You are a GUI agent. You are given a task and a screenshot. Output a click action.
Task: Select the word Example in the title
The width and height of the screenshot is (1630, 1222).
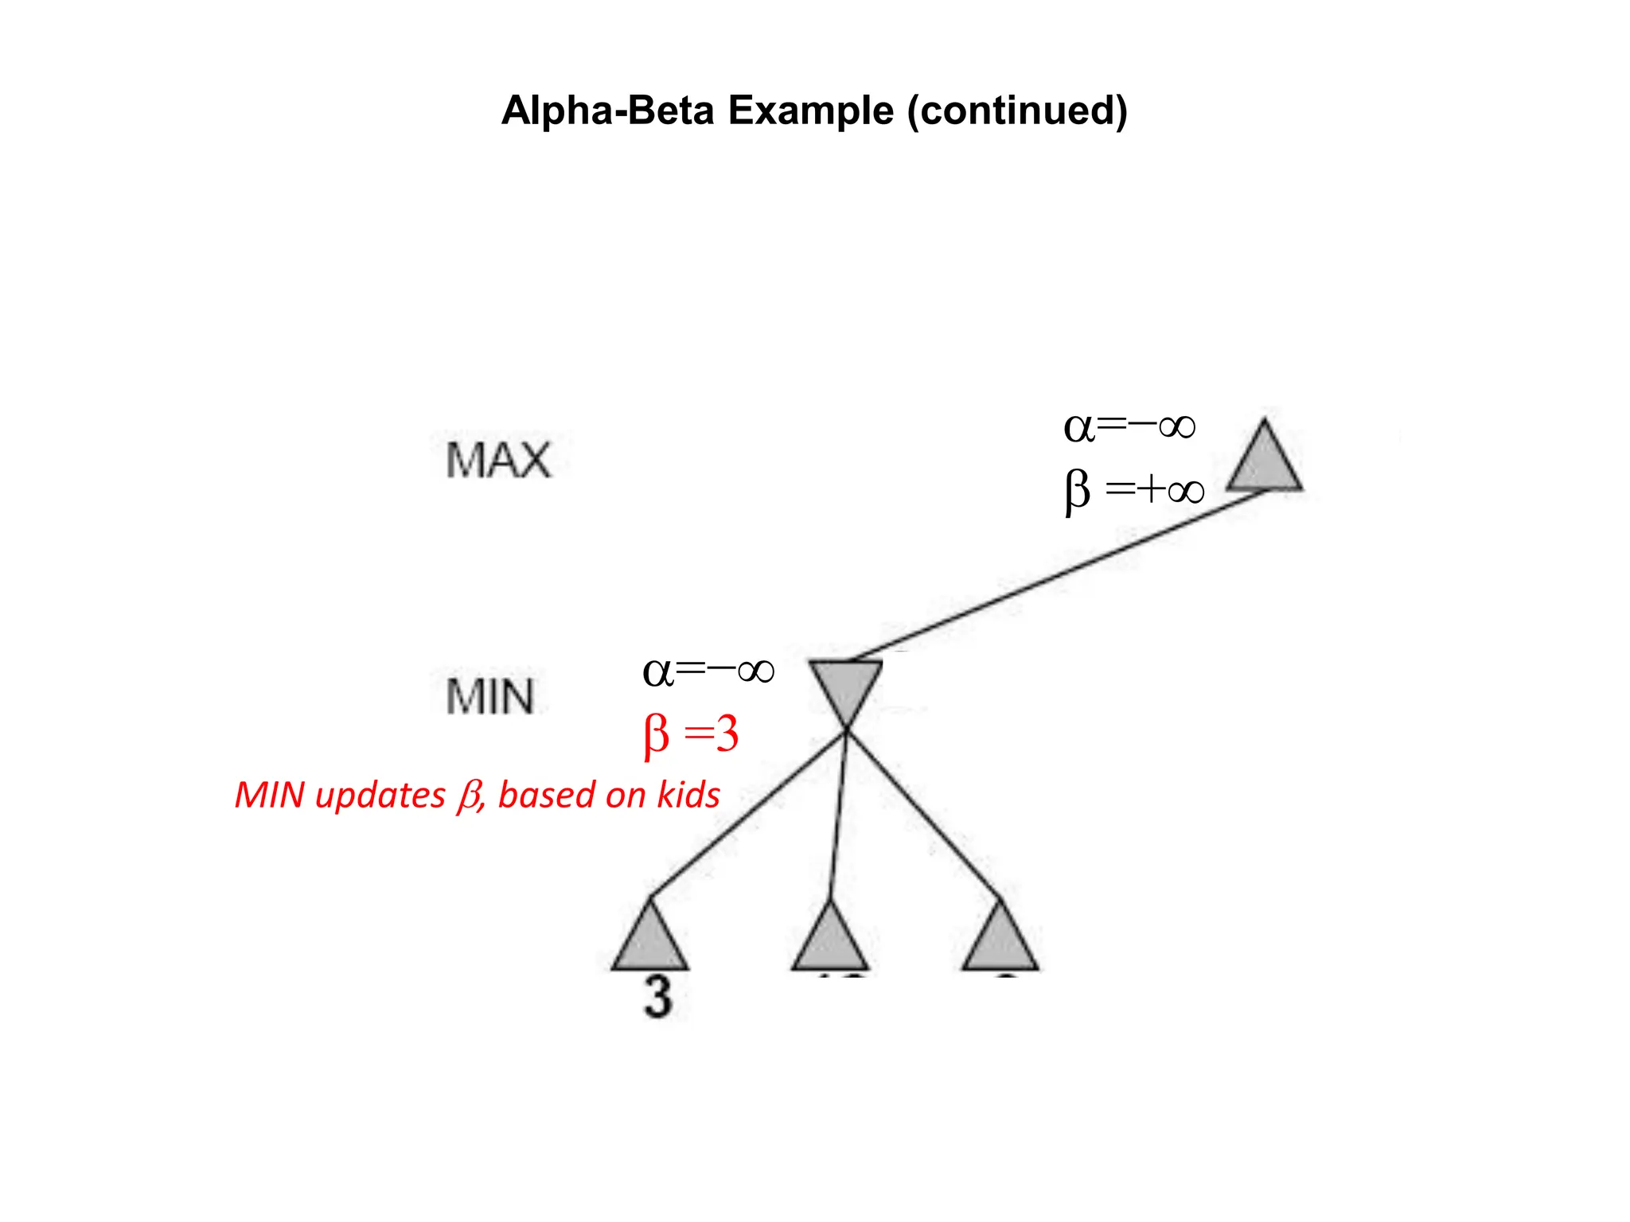point(810,111)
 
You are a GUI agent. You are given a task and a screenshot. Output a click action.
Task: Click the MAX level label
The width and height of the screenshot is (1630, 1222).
point(498,461)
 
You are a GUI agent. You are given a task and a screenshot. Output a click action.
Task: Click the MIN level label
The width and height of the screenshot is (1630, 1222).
point(489,697)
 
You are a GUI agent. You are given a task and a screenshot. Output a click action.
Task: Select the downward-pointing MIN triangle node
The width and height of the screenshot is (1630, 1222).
point(845,686)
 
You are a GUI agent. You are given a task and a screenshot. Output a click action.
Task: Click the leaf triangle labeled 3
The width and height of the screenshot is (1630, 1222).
point(650,942)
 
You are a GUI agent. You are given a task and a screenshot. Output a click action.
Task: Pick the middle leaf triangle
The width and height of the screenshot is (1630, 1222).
point(829,942)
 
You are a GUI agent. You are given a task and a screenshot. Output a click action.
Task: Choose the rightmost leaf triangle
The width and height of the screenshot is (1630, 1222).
point(1000,942)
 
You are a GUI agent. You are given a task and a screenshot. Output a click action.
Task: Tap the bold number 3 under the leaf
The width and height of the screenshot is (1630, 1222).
point(657,997)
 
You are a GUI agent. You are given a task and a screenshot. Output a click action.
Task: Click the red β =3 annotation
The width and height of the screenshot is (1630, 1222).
point(691,734)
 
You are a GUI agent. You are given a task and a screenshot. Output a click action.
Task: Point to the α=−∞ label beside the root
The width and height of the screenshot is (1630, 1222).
point(1129,427)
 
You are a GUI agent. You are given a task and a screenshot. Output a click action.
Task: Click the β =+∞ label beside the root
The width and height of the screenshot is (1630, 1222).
point(1134,489)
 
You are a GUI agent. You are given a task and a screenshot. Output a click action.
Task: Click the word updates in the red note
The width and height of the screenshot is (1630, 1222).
point(380,795)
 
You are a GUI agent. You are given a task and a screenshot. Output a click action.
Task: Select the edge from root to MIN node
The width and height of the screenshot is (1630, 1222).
point(1059,575)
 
